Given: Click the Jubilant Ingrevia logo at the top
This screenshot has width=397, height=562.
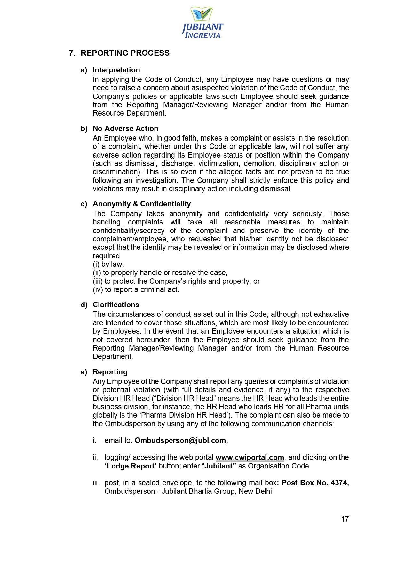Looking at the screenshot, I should [x=202, y=23].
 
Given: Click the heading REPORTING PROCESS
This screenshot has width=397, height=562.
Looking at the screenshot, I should [x=125, y=53].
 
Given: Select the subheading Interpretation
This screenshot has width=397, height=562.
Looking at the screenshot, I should [x=116, y=70].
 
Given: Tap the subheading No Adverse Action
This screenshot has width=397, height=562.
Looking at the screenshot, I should [x=125, y=128].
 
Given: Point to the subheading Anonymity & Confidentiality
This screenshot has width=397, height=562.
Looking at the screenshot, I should [x=141, y=204].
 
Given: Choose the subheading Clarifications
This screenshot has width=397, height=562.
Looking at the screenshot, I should [x=116, y=305].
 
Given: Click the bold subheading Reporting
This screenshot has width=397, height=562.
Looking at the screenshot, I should [x=110, y=372].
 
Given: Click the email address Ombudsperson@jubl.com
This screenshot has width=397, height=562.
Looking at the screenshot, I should [x=180, y=440].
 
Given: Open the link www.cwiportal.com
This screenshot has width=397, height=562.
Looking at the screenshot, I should [x=250, y=457].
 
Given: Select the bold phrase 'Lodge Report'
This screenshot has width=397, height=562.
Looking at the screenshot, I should [x=131, y=466].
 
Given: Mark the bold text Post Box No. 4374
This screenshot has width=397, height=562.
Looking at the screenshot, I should [x=315, y=483].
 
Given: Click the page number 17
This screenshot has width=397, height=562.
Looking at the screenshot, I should [x=345, y=519].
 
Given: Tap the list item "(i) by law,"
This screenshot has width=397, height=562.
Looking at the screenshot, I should [x=108, y=264].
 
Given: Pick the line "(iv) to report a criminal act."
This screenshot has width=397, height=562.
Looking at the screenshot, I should [x=136, y=289].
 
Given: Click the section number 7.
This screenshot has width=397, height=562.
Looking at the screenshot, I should [x=72, y=53].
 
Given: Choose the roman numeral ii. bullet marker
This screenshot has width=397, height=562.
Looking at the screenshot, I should [x=95, y=457].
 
